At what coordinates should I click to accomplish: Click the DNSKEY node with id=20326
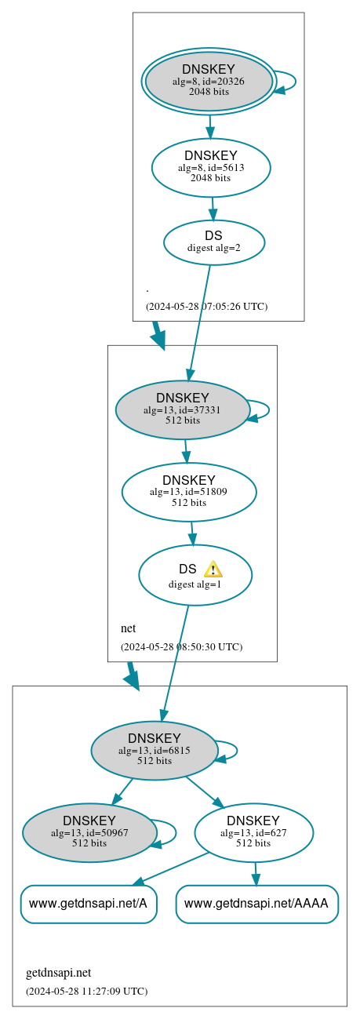[209, 81]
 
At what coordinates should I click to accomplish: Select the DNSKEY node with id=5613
[210, 167]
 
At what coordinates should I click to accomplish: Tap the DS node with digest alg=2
[213, 242]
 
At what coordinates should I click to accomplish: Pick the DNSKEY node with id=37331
[182, 409]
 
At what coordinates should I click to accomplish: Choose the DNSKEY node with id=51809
[188, 492]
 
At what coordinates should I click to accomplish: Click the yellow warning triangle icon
[213, 570]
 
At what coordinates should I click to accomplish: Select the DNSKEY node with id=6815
[154, 751]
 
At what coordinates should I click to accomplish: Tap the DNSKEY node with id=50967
[89, 832]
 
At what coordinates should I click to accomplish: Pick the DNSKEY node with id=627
[253, 832]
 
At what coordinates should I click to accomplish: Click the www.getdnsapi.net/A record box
[88, 904]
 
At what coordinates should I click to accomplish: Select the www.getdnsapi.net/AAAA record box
[256, 904]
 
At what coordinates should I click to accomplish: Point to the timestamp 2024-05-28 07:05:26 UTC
[206, 307]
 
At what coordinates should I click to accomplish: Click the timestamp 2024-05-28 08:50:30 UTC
[181, 647]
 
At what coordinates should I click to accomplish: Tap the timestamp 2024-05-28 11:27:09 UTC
[86, 991]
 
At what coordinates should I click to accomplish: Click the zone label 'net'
[128, 628]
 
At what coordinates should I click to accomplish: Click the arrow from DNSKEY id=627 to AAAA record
[254, 873]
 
